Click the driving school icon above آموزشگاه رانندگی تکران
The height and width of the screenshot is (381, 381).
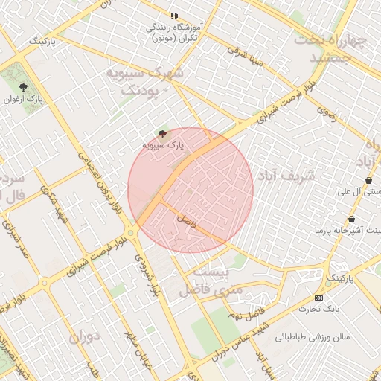click(174, 16)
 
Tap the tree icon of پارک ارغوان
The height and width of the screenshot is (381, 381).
click(22, 86)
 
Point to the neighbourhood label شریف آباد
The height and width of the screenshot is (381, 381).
click(286, 175)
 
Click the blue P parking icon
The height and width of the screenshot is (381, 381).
click(328, 284)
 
